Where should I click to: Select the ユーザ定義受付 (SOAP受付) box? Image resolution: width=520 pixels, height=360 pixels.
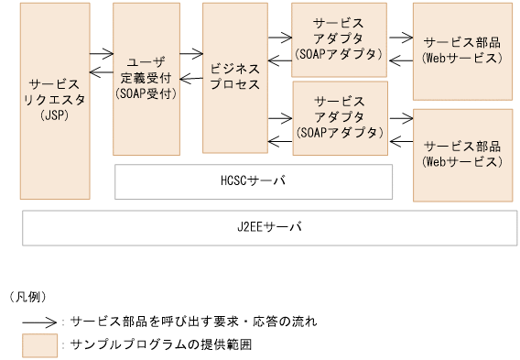(146, 78)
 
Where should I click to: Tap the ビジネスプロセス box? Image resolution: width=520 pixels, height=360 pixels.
(234, 77)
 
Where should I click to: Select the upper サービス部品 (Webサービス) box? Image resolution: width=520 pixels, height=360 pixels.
(461, 50)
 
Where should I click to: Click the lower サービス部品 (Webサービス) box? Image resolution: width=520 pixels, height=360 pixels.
(461, 154)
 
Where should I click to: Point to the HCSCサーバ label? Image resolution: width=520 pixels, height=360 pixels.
(254, 181)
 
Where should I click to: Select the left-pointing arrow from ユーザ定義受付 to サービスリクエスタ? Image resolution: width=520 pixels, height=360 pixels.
(102, 74)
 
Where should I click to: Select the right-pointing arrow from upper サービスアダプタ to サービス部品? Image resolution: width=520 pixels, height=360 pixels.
(400, 38)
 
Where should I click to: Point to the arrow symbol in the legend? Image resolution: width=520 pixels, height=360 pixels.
(39, 322)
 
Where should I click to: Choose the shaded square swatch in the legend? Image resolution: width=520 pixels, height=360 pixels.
(38, 344)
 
